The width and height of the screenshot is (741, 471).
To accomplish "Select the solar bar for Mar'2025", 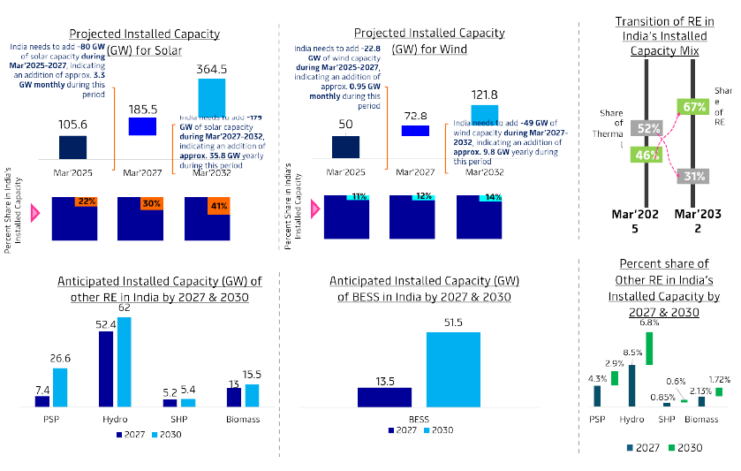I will [x=72, y=147].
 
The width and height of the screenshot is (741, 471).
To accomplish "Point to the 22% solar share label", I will [x=86, y=201].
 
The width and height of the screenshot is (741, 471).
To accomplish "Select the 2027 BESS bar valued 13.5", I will [x=384, y=397].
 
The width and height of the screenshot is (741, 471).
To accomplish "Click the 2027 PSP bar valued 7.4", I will [x=42, y=400].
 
